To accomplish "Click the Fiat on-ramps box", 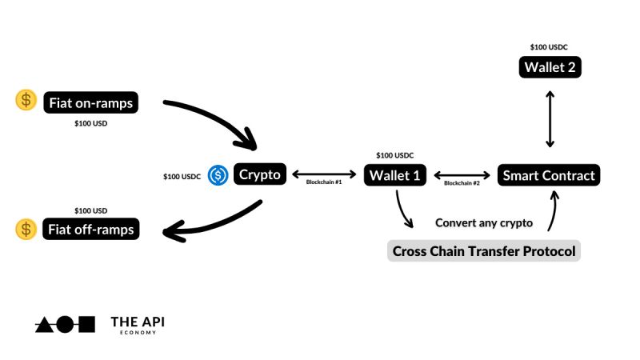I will [92, 102].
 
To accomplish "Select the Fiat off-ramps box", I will [92, 230].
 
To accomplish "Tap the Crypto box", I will [260, 174].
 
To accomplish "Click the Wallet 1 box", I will [395, 175].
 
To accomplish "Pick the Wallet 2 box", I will [550, 67].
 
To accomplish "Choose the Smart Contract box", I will [549, 175].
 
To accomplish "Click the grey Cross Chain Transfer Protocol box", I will [483, 251].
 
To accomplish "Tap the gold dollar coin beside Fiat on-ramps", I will [26, 100].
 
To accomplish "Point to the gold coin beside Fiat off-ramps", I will [26, 230].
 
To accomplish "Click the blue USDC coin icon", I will [218, 175].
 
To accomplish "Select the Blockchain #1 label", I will [324, 183].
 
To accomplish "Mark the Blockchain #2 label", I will [462, 183].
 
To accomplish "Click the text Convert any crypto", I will [483, 222].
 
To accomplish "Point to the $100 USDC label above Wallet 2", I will [550, 47].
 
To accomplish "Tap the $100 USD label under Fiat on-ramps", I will [90, 124].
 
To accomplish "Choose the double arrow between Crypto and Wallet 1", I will [324, 174].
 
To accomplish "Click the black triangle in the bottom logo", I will [44, 324].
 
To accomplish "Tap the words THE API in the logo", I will [137, 321].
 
